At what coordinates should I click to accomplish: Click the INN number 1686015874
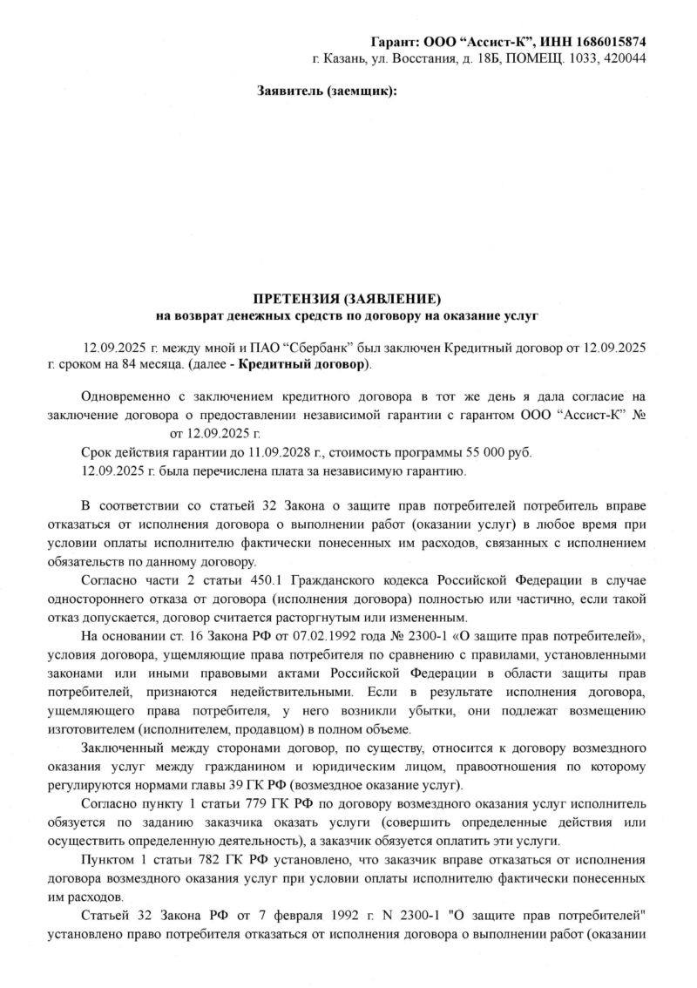click(606, 42)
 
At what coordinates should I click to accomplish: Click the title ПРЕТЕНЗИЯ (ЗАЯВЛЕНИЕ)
click(348, 298)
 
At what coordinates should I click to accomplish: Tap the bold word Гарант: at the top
click(396, 42)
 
